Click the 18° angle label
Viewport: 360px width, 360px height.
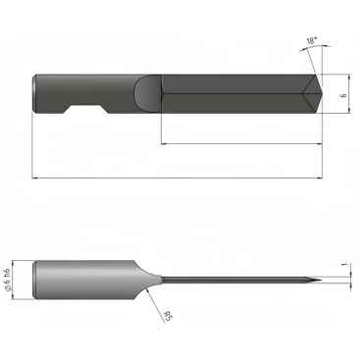click(312, 41)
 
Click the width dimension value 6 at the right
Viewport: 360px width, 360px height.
click(343, 95)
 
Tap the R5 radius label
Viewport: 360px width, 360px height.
click(168, 316)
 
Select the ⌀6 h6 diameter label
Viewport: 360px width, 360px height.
click(8, 281)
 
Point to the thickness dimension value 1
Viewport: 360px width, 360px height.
click(343, 264)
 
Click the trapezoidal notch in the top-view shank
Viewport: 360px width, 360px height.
click(86, 110)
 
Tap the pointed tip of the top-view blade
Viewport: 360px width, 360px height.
click(322, 94)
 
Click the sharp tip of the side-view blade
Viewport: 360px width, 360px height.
click(322, 280)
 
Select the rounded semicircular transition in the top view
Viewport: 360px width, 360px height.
click(148, 94)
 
